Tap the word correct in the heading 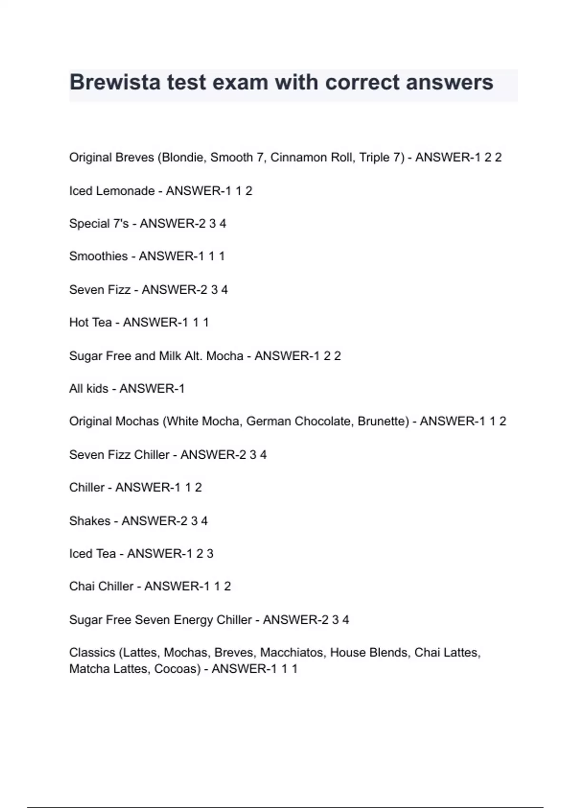[x=363, y=82]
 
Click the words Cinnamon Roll [x=312, y=157]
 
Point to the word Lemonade [x=126, y=191]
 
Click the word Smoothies [x=98, y=256]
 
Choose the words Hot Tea [x=90, y=322]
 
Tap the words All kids [x=89, y=388]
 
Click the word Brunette [x=383, y=421]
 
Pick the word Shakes [x=90, y=521]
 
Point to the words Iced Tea [x=92, y=554]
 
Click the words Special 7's [x=99, y=223]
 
